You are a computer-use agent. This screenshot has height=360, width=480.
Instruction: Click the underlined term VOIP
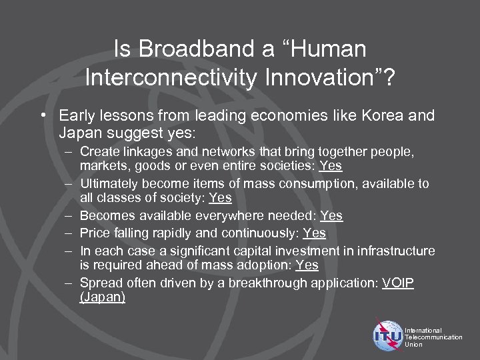tap(398, 283)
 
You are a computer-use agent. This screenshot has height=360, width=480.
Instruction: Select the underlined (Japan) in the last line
tap(102, 297)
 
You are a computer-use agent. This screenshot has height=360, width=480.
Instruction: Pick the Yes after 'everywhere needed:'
tap(331, 216)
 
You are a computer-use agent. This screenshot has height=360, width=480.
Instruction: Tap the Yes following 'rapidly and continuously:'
tap(314, 233)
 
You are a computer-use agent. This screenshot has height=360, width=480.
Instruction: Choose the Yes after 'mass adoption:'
tap(307, 265)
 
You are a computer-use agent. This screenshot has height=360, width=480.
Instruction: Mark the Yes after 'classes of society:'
tap(220, 198)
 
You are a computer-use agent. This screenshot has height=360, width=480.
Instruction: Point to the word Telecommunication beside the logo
tap(433, 337)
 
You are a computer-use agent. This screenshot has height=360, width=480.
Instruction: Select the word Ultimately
tap(109, 183)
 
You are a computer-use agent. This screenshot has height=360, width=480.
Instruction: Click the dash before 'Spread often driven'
tap(69, 283)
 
